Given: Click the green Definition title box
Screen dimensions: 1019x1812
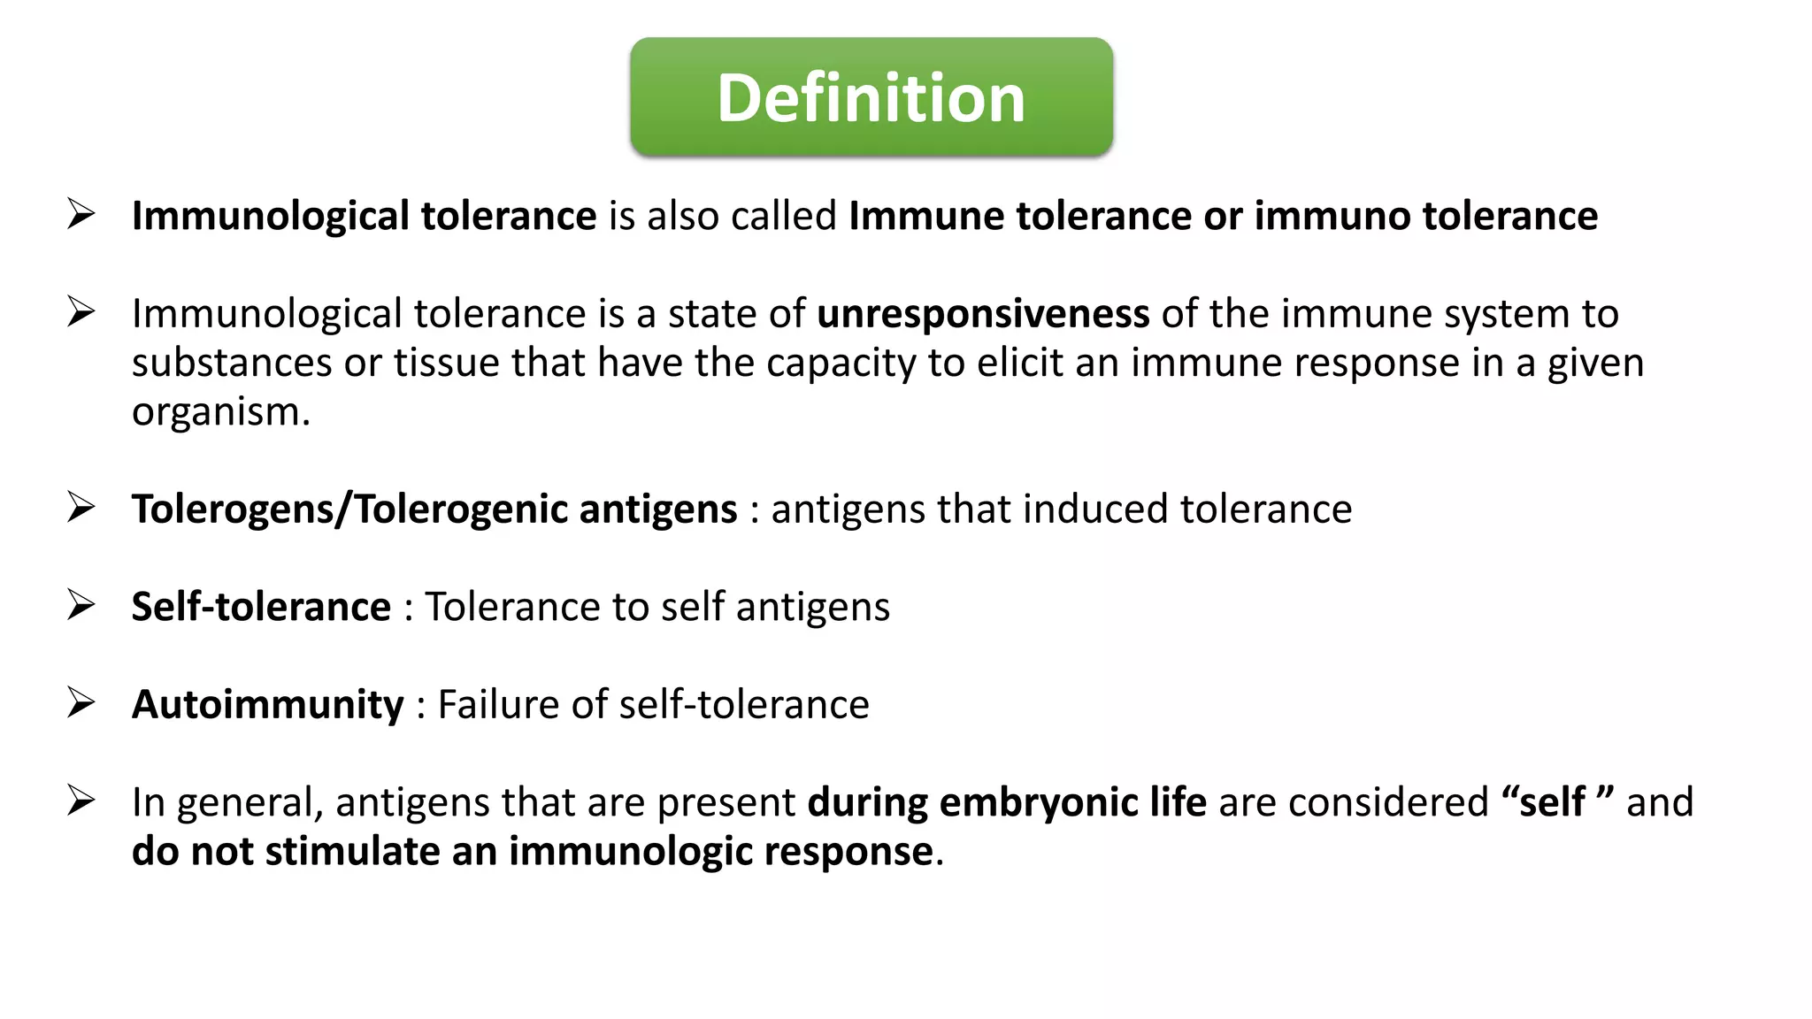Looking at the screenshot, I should [x=871, y=97].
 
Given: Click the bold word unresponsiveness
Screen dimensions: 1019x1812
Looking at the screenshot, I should [x=983, y=314].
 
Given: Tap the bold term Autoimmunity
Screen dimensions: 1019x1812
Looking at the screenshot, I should [x=267, y=705].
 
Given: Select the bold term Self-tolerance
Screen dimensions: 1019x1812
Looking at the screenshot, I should [x=261, y=608].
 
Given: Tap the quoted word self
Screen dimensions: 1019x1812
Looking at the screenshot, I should [x=1552, y=802].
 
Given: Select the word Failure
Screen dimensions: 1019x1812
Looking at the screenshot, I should [x=498, y=705].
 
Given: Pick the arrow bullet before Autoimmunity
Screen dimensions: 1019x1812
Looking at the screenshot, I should [x=81, y=703].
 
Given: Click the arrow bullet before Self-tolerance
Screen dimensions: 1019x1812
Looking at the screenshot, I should [x=81, y=606].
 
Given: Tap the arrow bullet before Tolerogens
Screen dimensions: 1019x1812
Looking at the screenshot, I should [x=81, y=508].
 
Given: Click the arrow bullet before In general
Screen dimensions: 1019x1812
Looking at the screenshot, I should [x=81, y=801].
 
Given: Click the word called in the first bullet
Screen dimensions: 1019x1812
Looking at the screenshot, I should [x=783, y=217].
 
